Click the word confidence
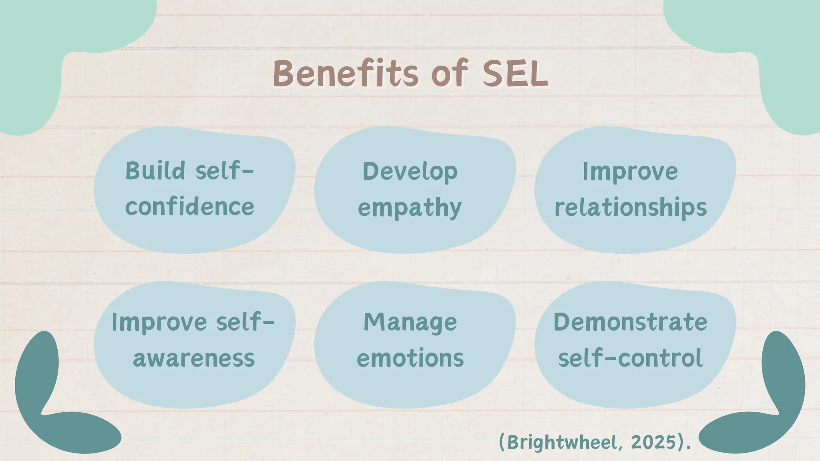(x=190, y=207)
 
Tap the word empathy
(x=410, y=208)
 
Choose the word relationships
(x=631, y=208)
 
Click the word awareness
(x=194, y=358)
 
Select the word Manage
(x=410, y=323)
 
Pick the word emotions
(x=410, y=358)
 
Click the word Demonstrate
(x=630, y=322)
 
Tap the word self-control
(x=630, y=358)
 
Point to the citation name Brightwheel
(x=565, y=443)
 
